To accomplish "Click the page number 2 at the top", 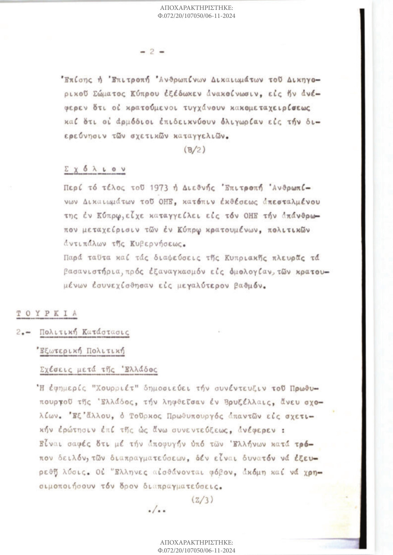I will [x=152, y=52].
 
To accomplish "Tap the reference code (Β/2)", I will [x=194, y=150].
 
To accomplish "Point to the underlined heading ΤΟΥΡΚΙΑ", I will [x=46, y=313].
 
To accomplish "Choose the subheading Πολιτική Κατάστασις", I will [x=84, y=332].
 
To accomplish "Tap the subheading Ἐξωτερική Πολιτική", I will [x=80, y=351].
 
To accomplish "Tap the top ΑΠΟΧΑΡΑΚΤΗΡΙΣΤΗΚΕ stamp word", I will [x=196, y=8].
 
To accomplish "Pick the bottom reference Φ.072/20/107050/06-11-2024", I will [x=196, y=551].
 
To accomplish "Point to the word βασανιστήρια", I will [x=86, y=272].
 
